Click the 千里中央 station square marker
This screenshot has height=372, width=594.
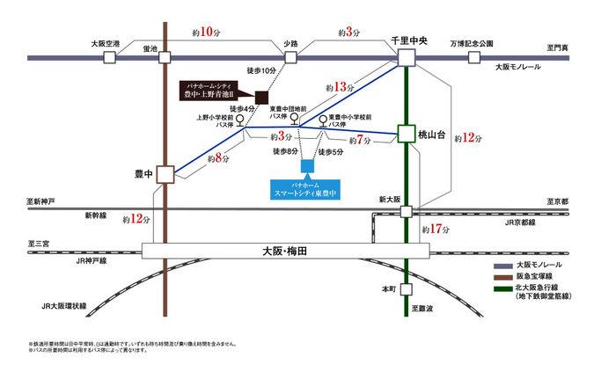[x=406, y=57]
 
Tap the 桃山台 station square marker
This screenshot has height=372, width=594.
[x=406, y=134]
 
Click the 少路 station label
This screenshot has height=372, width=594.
[x=291, y=42]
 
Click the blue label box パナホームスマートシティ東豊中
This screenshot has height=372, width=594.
[x=307, y=189]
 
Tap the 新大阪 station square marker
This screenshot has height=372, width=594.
[x=406, y=211]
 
